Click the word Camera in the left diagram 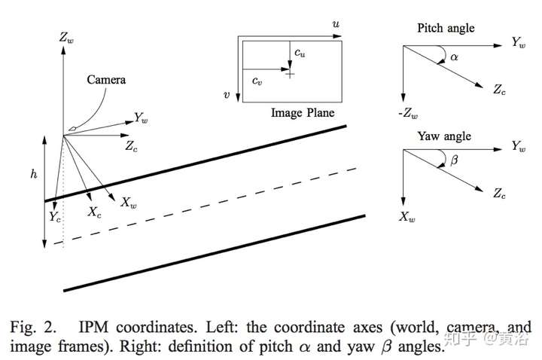click(x=106, y=79)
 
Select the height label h click(x=33, y=173)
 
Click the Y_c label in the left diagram click(x=54, y=217)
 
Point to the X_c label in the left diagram click(x=94, y=212)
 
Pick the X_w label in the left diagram click(x=128, y=203)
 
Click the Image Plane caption click(x=302, y=113)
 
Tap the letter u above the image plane click(x=335, y=24)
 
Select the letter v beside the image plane click(x=226, y=96)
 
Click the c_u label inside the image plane click(x=300, y=53)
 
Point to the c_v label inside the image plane click(x=257, y=80)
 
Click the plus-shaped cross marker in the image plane click(x=290, y=73)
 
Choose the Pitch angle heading click(x=446, y=28)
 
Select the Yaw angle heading click(x=444, y=136)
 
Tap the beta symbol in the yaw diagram click(x=453, y=160)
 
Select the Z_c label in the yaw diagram click(x=500, y=194)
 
